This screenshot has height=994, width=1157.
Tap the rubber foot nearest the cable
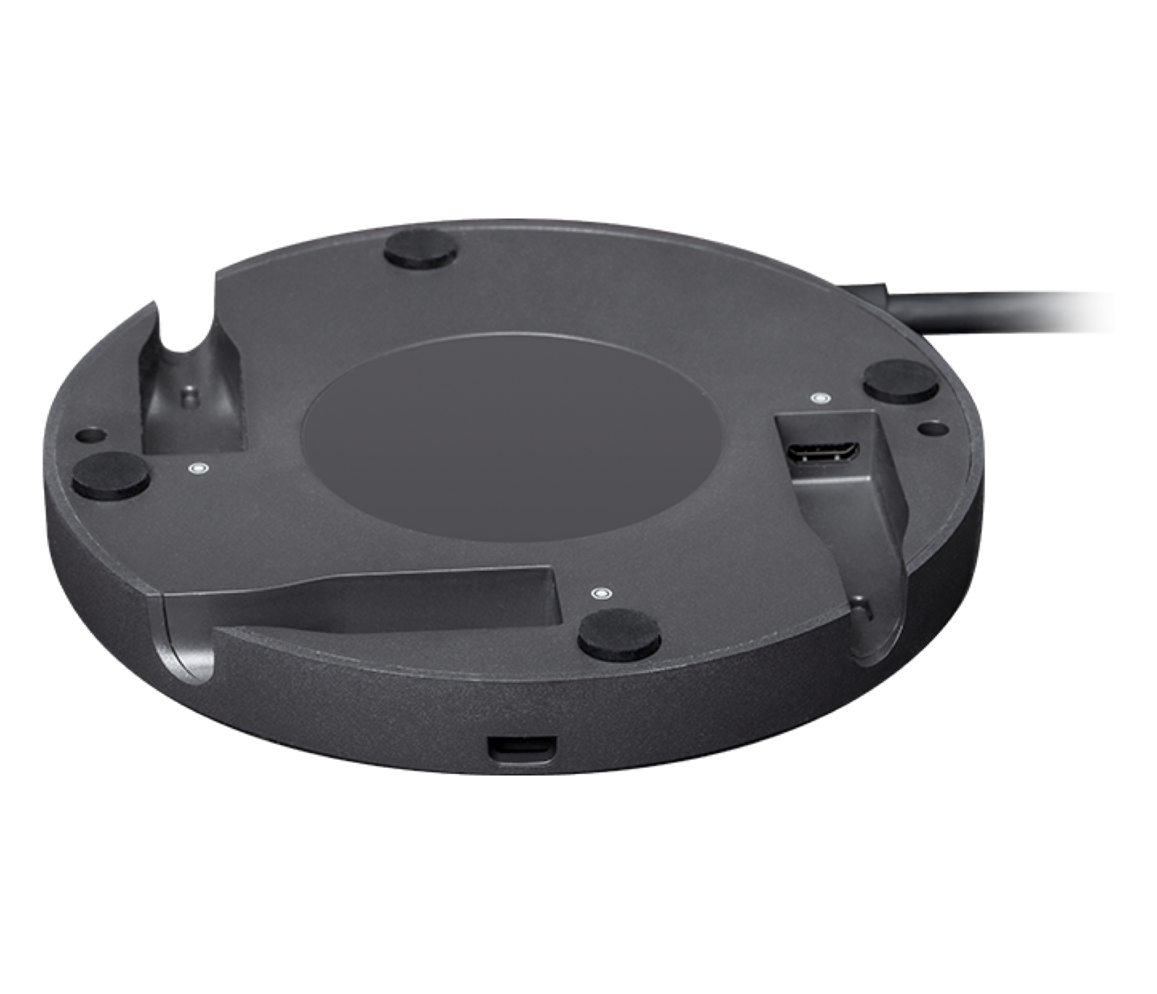click(x=900, y=381)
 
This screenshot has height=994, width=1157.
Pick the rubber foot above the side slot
click(x=620, y=632)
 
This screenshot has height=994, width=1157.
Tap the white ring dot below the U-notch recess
click(x=195, y=469)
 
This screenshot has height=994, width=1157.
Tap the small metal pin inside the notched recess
click(x=189, y=396)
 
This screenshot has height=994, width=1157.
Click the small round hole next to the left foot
click(x=90, y=436)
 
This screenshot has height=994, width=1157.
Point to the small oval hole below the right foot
click(x=925, y=428)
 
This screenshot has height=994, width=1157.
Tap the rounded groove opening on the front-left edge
click(x=184, y=644)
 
